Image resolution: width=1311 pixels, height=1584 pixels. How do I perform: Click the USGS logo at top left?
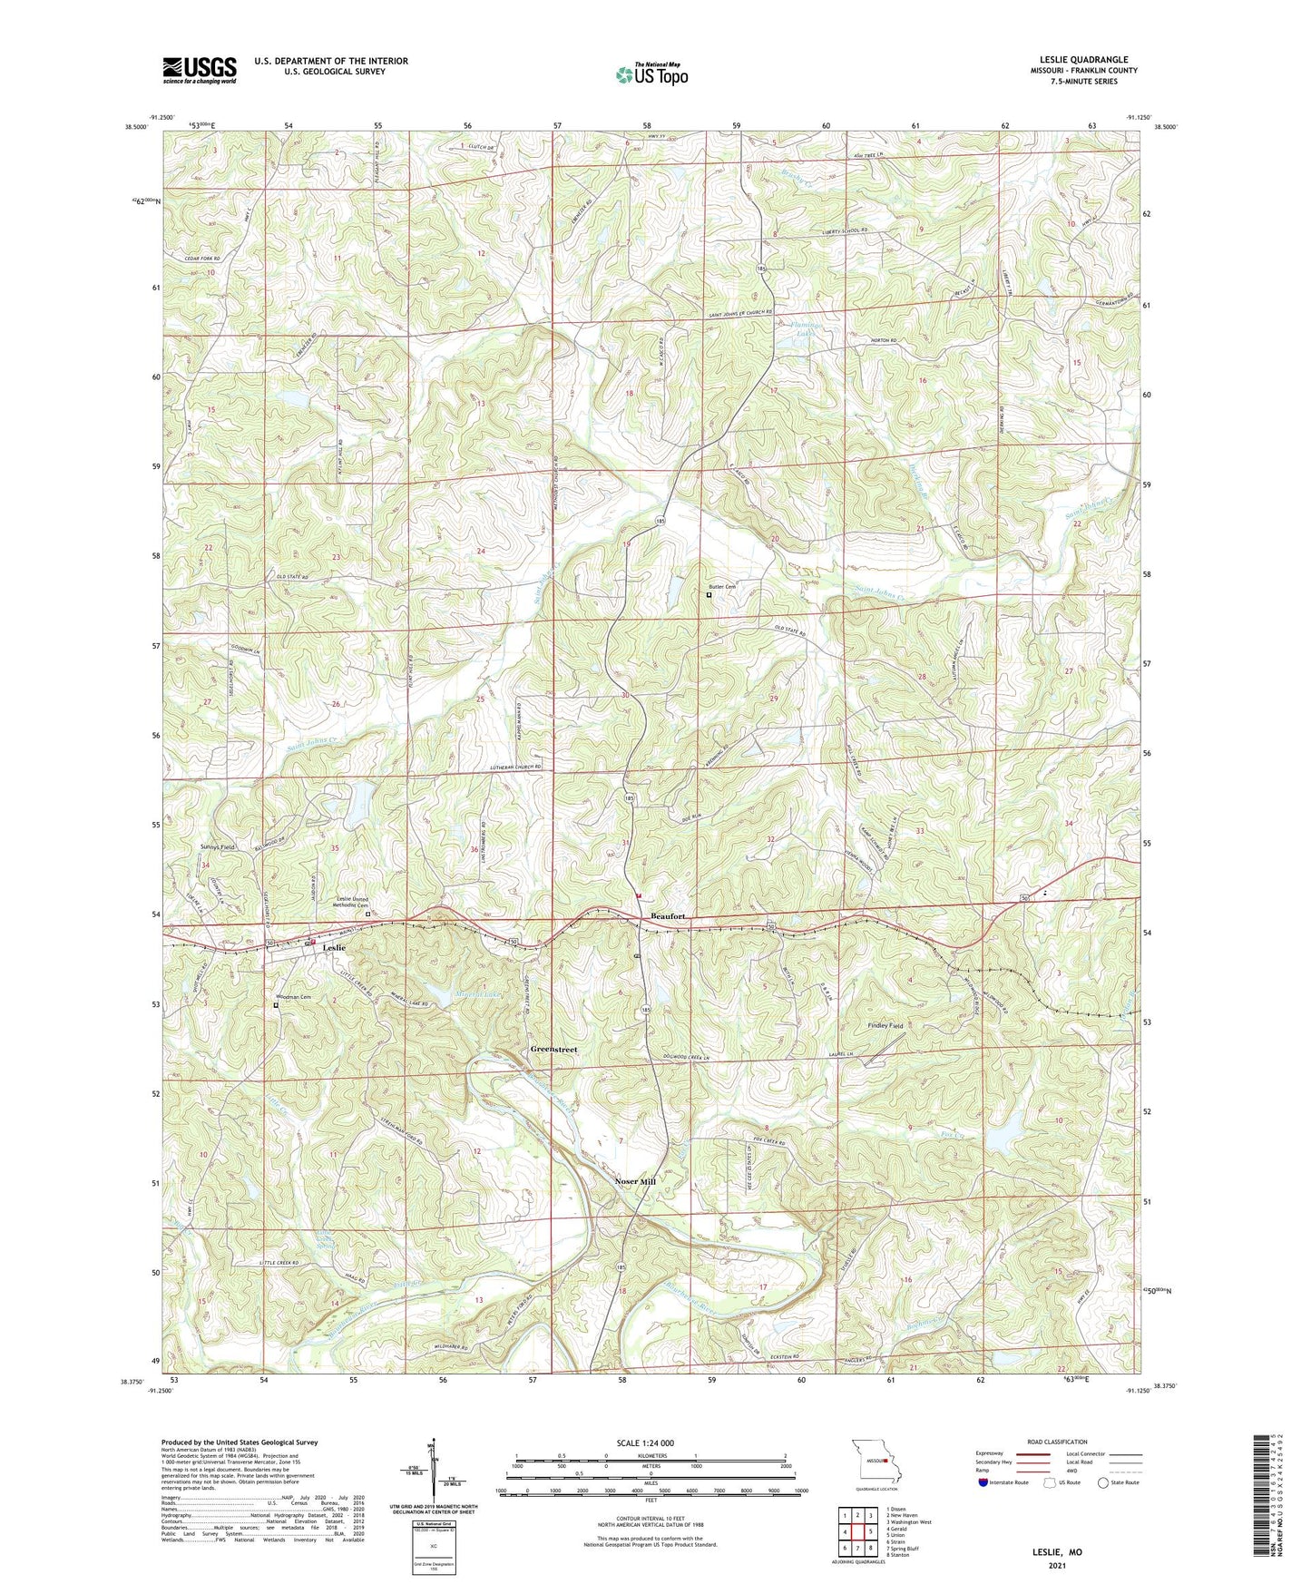[200, 70]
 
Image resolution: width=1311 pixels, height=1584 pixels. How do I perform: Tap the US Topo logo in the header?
[651, 74]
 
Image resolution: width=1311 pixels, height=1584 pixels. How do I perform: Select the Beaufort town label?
[669, 917]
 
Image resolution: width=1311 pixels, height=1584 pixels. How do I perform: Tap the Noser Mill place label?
[635, 1182]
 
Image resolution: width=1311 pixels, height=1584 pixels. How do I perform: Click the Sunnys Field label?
[217, 846]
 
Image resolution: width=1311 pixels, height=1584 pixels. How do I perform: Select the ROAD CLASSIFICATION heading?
[1057, 1442]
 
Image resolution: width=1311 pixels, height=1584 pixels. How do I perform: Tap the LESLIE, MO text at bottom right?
[1057, 1552]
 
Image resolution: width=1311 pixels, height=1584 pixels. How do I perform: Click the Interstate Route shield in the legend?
[983, 1483]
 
